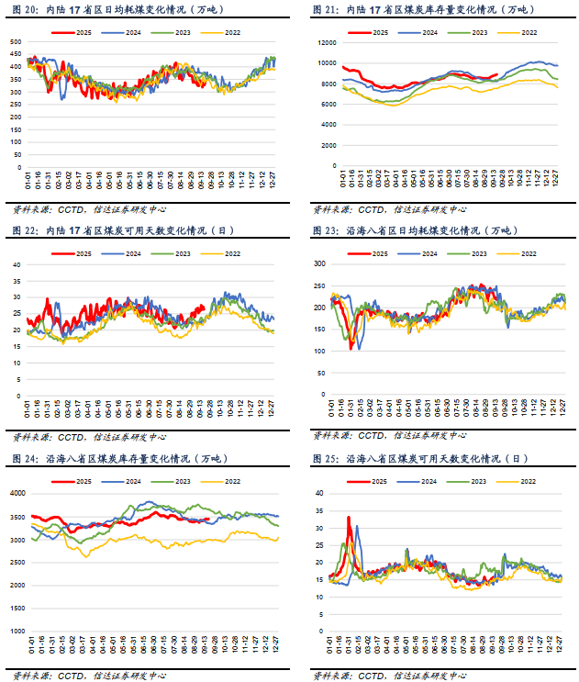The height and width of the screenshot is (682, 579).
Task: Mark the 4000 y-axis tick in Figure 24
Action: pos(17,493)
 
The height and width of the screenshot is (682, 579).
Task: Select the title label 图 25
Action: pos(326,458)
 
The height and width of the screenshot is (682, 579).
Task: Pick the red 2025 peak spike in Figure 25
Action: pos(349,518)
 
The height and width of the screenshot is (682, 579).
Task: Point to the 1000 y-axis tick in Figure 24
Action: pos(17,632)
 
